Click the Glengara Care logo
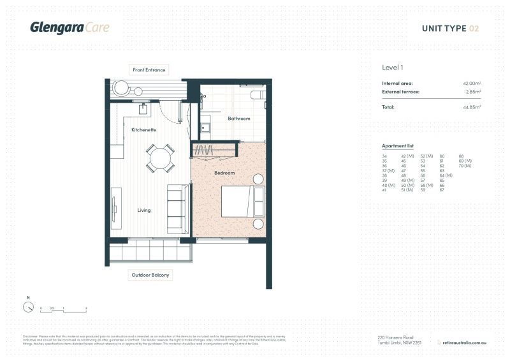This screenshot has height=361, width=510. pyautogui.click(x=69, y=27)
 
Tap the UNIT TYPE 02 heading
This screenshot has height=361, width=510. pyautogui.click(x=450, y=28)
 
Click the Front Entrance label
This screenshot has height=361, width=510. pyautogui.click(x=149, y=70)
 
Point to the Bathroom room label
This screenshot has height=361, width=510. pyautogui.click(x=239, y=118)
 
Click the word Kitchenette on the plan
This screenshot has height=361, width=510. pyautogui.click(x=143, y=129)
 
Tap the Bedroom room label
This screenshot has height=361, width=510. pyautogui.click(x=224, y=173)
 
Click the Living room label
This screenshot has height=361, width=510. pyautogui.click(x=144, y=209)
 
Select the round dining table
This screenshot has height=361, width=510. pyautogui.click(x=160, y=158)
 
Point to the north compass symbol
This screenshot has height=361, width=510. pyautogui.click(x=28, y=307)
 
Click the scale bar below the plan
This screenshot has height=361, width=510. pyautogui.click(x=63, y=311)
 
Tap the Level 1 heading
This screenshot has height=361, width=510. pyautogui.click(x=392, y=68)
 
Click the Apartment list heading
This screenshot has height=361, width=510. pyautogui.click(x=397, y=146)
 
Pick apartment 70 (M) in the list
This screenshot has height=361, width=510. pyautogui.click(x=464, y=166)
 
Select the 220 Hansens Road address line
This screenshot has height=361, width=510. pyautogui.click(x=396, y=337)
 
